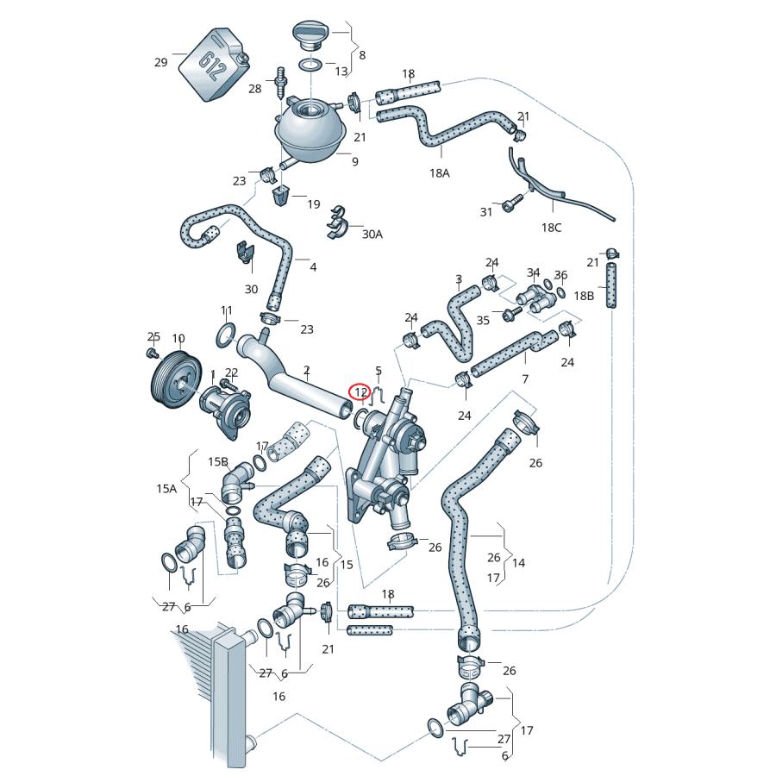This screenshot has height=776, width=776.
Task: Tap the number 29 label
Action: [x=161, y=62]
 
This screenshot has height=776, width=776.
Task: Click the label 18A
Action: [x=440, y=172]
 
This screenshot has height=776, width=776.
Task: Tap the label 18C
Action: [x=551, y=228]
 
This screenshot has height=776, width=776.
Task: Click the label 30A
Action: [x=372, y=234]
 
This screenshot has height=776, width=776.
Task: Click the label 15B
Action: [x=218, y=462]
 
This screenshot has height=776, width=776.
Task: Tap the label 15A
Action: [x=166, y=488]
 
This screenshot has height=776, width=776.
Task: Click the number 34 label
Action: [x=533, y=273]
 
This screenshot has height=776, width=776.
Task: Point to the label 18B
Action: [x=584, y=296]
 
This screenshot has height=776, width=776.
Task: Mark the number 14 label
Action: [x=518, y=563]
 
